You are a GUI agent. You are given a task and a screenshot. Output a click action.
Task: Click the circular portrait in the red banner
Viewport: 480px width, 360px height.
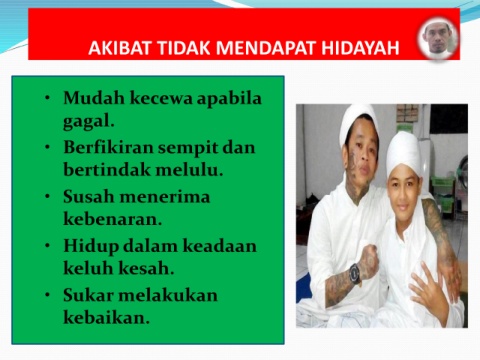[x=438, y=38]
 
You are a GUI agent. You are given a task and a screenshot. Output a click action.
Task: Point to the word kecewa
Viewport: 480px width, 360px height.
[x=161, y=98]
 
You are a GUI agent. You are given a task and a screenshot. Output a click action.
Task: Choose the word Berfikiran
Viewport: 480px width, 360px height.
[x=108, y=147]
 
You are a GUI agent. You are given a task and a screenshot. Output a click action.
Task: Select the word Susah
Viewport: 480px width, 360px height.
[x=88, y=196]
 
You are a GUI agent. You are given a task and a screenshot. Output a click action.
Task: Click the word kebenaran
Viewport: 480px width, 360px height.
[x=111, y=219]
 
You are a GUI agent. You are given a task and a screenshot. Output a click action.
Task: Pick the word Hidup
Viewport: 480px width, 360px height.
[x=91, y=247]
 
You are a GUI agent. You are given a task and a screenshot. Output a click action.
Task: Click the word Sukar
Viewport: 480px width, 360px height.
[x=88, y=295]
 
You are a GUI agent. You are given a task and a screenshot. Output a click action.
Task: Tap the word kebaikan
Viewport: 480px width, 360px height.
[x=105, y=317]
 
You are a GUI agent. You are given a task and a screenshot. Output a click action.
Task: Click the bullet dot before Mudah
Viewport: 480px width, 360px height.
[x=48, y=98]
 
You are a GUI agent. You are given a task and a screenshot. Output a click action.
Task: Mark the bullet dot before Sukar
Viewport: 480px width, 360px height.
[x=48, y=295]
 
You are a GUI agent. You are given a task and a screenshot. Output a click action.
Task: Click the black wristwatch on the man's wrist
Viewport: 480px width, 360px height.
[x=355, y=274]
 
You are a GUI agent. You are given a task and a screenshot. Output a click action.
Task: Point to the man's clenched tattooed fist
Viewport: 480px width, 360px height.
[x=367, y=262]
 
